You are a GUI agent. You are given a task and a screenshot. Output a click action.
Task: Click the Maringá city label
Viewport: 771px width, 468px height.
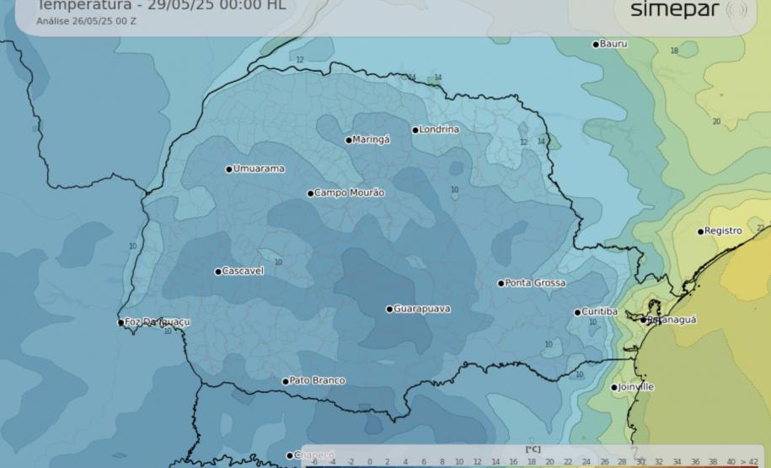[371, 140]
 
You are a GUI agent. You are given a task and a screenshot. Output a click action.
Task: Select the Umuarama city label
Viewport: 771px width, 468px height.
[259, 169]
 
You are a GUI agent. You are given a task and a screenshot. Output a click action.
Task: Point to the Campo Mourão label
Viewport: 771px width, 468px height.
[349, 193]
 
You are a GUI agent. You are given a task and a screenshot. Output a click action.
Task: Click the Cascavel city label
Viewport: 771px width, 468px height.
[243, 272]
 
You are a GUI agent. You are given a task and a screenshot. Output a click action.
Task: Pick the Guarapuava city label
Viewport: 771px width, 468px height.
[421, 309]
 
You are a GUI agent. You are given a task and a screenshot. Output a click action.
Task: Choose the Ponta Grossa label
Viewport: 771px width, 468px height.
[535, 283]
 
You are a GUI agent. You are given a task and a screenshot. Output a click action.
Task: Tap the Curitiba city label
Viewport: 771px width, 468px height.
[599, 312]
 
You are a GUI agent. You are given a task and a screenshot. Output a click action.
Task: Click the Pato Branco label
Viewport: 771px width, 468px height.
[317, 381]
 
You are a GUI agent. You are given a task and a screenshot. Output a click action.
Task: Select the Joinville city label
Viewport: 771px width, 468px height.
[636, 387]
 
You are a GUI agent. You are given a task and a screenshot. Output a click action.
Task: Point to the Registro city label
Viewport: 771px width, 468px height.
[723, 231]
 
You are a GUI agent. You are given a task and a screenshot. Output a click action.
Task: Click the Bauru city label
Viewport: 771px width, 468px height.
[613, 44]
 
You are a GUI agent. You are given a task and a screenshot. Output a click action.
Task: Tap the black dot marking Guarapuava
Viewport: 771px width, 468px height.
[389, 309]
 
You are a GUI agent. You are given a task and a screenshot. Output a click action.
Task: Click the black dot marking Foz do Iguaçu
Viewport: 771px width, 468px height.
[120, 322]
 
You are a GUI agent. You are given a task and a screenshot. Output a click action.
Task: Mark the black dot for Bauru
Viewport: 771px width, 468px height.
[596, 44]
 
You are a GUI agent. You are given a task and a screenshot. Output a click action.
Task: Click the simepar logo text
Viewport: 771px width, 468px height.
[676, 9]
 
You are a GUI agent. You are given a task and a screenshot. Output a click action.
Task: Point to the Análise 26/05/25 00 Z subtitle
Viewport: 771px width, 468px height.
[86, 20]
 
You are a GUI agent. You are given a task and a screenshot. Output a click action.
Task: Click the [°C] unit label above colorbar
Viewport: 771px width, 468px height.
[532, 449]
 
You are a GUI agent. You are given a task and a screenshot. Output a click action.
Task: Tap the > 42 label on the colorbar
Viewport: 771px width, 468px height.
[748, 461]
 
